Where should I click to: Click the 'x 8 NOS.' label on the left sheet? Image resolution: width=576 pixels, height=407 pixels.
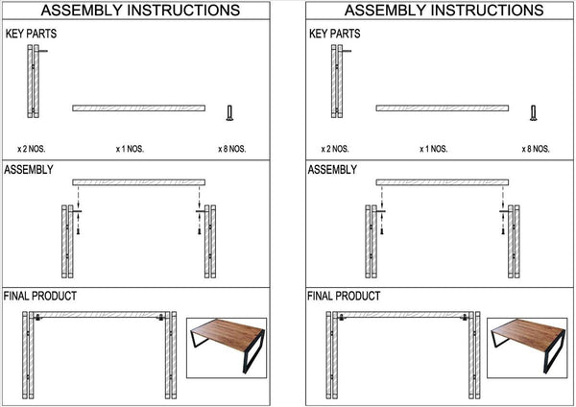point(233,149)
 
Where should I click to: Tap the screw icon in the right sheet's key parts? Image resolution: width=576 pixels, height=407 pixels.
point(533,114)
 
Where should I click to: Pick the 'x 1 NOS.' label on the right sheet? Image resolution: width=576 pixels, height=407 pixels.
point(433,149)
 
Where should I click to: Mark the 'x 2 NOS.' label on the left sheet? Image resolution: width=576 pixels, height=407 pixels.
point(32,149)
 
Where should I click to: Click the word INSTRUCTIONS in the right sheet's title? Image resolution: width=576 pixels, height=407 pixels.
point(490,11)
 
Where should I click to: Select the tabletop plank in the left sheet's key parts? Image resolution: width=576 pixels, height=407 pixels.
point(139,108)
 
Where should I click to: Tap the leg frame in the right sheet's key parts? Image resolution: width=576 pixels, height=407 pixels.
point(337,82)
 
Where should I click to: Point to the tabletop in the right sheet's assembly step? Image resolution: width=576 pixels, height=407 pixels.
point(443,181)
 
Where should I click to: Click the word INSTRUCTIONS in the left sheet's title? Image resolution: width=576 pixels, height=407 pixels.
point(187,11)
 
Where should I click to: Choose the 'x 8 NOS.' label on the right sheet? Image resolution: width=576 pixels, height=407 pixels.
point(536,149)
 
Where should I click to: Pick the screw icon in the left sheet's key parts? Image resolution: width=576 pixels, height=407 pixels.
point(229,114)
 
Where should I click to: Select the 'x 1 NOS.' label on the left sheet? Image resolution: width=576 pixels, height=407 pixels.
point(132,149)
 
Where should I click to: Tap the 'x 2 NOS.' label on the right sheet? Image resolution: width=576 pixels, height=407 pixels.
point(335,149)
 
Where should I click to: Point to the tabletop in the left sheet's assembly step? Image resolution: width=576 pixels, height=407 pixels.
point(139,181)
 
